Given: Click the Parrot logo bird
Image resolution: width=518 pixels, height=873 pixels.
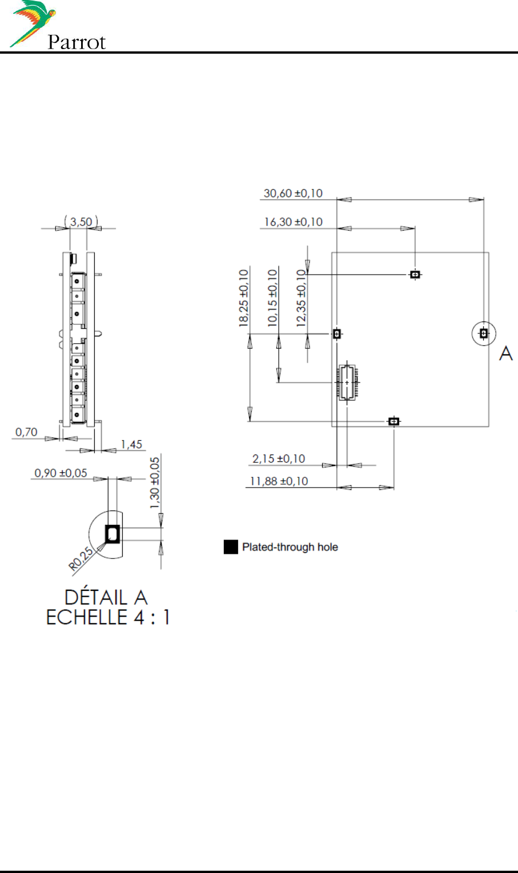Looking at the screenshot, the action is tap(34, 23).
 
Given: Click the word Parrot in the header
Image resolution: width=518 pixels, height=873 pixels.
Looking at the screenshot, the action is tap(77, 42).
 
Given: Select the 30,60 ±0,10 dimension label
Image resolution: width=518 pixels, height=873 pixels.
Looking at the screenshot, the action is tap(293, 194).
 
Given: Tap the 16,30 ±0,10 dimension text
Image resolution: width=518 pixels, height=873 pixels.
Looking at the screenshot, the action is tap(294, 222).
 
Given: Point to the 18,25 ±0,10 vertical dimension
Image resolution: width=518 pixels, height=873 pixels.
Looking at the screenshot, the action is tap(244, 298).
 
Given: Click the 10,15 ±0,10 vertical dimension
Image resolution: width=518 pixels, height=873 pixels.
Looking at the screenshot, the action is tap(272, 298).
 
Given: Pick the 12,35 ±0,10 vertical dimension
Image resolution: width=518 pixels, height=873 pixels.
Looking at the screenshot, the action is tap(302, 298).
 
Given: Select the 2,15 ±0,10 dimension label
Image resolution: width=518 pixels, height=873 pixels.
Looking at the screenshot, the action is tap(279, 458).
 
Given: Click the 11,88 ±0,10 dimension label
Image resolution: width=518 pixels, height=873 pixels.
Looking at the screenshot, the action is tap(279, 481).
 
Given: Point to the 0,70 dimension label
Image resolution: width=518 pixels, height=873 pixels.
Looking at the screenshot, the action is tap(26, 432).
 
